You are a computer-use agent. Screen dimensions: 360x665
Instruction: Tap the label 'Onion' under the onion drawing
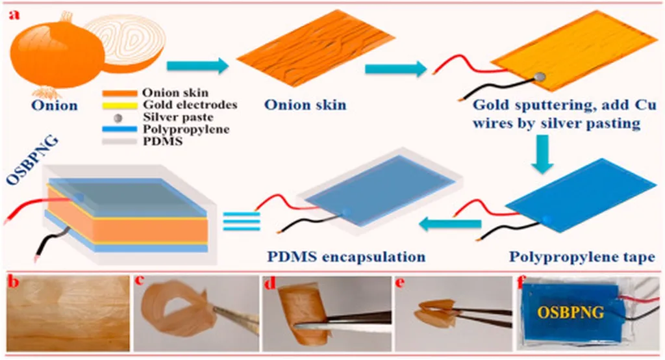click(x=55, y=105)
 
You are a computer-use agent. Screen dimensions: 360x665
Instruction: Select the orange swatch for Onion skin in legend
click(x=119, y=93)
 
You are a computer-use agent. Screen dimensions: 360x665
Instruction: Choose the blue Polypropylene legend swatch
click(x=119, y=129)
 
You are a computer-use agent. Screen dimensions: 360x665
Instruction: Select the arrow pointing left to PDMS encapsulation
click(x=447, y=225)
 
